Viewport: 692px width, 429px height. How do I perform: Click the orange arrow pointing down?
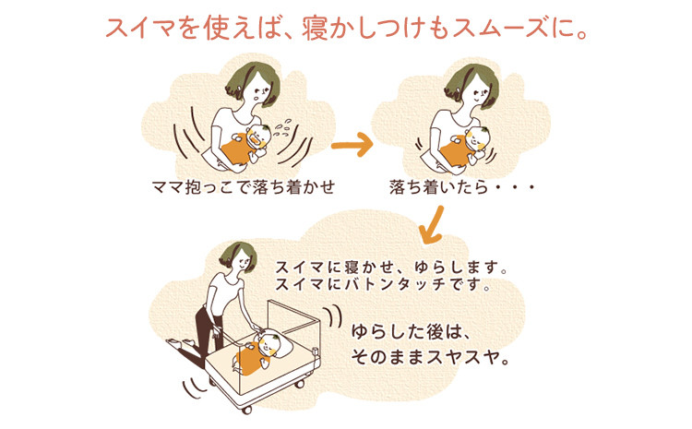point(432,224)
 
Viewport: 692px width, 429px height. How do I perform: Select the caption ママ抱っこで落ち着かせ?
point(244,187)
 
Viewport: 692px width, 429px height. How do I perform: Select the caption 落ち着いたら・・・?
point(462,187)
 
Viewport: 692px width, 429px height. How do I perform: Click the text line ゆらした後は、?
point(409,332)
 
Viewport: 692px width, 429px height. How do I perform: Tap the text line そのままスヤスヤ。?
point(430,357)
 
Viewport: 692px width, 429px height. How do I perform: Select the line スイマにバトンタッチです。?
point(383,284)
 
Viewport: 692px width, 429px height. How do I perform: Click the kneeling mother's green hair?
point(237,256)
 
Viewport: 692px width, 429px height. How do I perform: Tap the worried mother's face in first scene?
point(259,90)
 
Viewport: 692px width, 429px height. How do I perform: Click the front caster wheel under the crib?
point(246,409)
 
